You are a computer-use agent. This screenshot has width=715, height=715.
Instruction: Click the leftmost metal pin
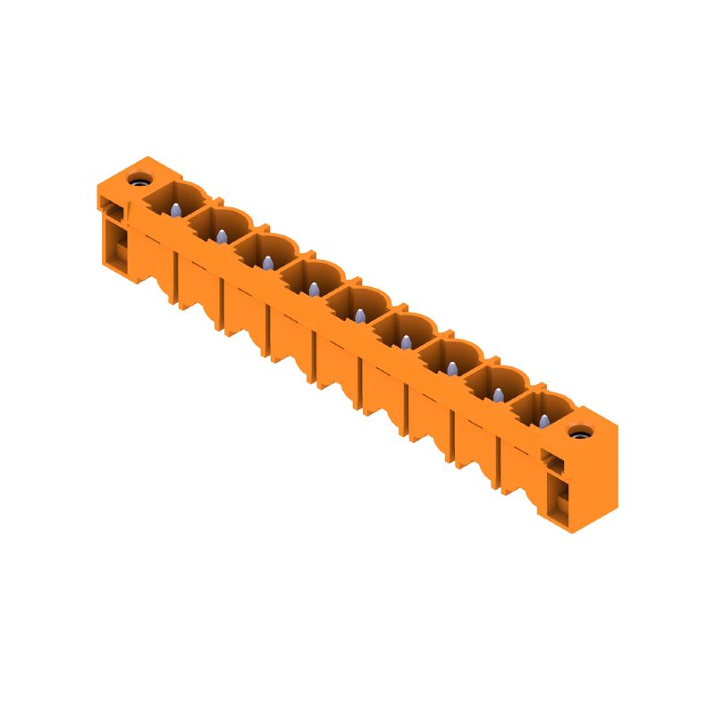pyautogui.click(x=175, y=211)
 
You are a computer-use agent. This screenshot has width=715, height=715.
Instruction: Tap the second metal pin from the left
pyautogui.click(x=220, y=236)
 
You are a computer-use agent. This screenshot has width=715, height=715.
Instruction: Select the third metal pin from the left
pyautogui.click(x=267, y=262)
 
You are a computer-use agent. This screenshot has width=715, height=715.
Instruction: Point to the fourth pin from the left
pyautogui.click(x=314, y=288)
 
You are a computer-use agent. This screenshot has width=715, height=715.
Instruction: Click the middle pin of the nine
pyautogui.click(x=359, y=315)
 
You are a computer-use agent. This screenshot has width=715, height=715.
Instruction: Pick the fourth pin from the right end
pyautogui.click(x=406, y=341)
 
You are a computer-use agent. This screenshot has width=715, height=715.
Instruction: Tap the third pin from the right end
pyautogui.click(x=451, y=367)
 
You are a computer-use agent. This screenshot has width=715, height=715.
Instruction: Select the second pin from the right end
pyautogui.click(x=497, y=393)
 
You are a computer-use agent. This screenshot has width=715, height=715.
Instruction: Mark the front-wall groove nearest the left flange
pyautogui.click(x=179, y=278)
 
